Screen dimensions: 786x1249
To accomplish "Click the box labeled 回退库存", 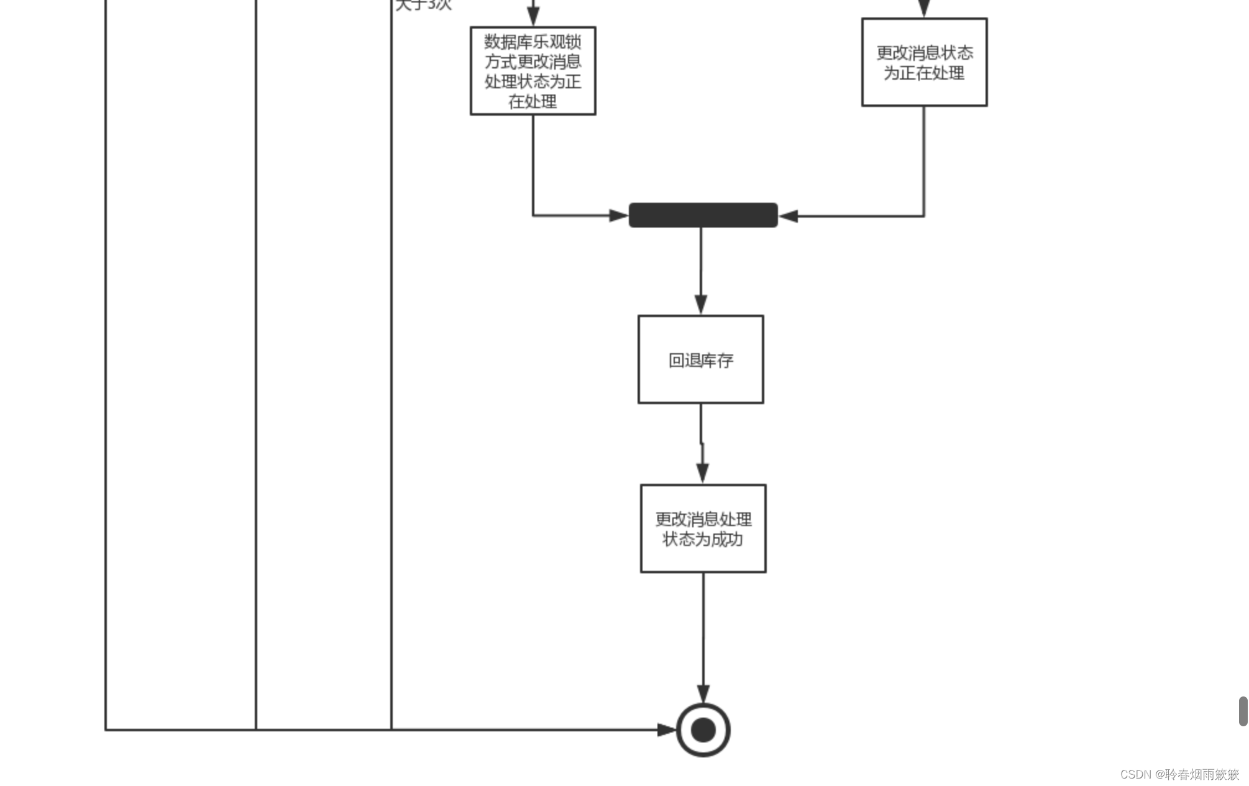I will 700,359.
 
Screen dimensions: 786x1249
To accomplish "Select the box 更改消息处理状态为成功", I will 703,529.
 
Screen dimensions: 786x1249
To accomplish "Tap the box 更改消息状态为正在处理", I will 924,62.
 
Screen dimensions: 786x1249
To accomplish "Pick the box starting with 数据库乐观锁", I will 533,71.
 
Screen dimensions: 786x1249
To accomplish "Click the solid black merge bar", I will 703,215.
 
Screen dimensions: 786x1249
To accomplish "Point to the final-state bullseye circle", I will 703,729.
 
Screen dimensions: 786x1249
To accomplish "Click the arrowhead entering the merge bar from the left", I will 619,216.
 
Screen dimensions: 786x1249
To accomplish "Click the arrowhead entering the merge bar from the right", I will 789,216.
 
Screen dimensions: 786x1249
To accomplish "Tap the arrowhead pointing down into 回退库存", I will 701,305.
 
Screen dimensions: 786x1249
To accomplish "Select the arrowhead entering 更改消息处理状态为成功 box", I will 703,473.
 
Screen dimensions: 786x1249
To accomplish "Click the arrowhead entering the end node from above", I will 703,694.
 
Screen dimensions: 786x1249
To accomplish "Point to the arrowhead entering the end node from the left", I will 667,729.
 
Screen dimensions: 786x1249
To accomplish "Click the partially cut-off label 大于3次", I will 424,5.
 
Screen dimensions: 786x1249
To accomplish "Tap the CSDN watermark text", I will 1179,774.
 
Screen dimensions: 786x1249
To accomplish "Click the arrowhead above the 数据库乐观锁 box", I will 533,16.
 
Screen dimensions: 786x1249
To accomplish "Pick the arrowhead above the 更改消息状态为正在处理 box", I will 924,7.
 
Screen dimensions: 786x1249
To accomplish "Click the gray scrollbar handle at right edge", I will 1243,711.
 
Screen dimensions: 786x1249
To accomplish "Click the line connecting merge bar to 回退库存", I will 701,261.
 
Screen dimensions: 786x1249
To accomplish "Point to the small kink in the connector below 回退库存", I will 702,443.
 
